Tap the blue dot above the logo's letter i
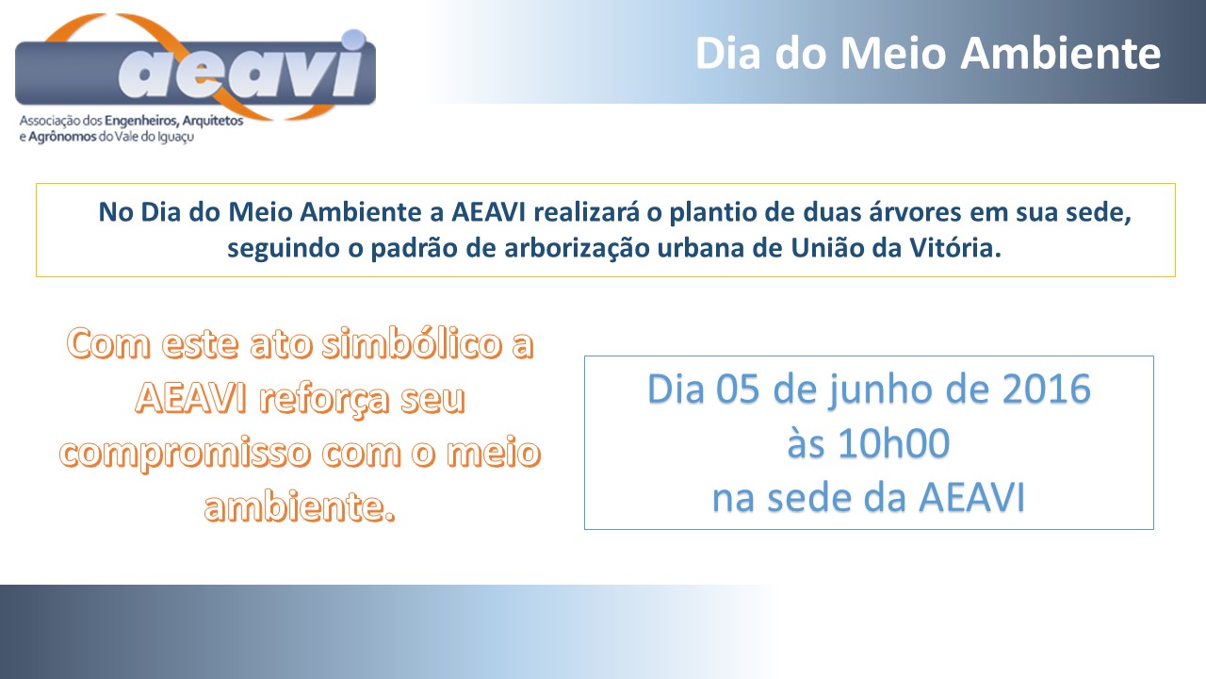click(353, 40)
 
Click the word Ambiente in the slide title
click(1061, 54)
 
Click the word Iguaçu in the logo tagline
click(175, 138)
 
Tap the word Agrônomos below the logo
click(62, 137)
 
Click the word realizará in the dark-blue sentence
click(586, 212)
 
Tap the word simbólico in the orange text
click(413, 344)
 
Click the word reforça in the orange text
click(324, 400)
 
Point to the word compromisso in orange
click(186, 454)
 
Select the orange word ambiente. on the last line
click(300, 506)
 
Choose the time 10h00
click(894, 443)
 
